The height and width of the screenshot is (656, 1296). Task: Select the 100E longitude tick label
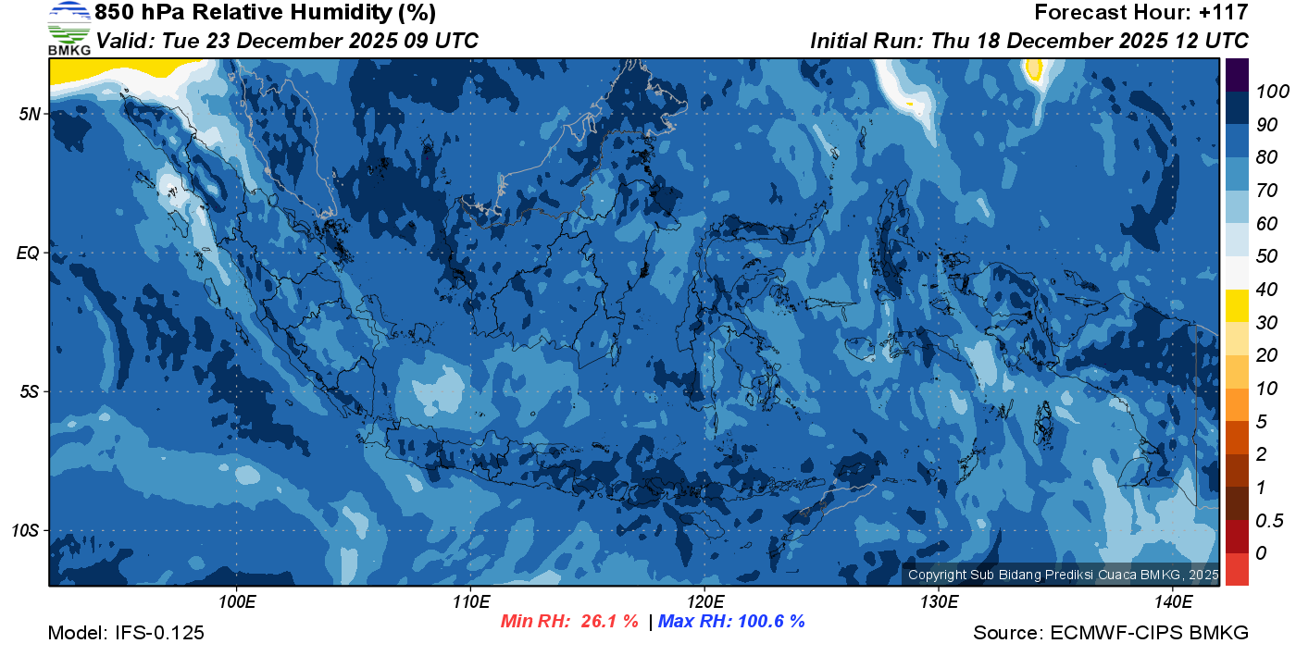[x=237, y=602]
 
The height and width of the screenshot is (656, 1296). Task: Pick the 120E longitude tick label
[x=704, y=602]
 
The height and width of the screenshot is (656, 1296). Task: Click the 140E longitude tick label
[x=1173, y=602]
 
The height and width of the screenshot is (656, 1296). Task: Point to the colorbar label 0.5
[x=1267, y=520]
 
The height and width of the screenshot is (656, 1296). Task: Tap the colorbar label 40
[x=1262, y=290]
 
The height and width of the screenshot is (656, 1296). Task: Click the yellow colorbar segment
[x=1237, y=305]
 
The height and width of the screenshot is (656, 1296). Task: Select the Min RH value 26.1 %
[x=609, y=622]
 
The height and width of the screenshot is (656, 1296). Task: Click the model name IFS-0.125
[x=159, y=633]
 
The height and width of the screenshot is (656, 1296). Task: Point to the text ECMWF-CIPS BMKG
[x=1150, y=633]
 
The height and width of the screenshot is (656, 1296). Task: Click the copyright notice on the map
[x=1063, y=576]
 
